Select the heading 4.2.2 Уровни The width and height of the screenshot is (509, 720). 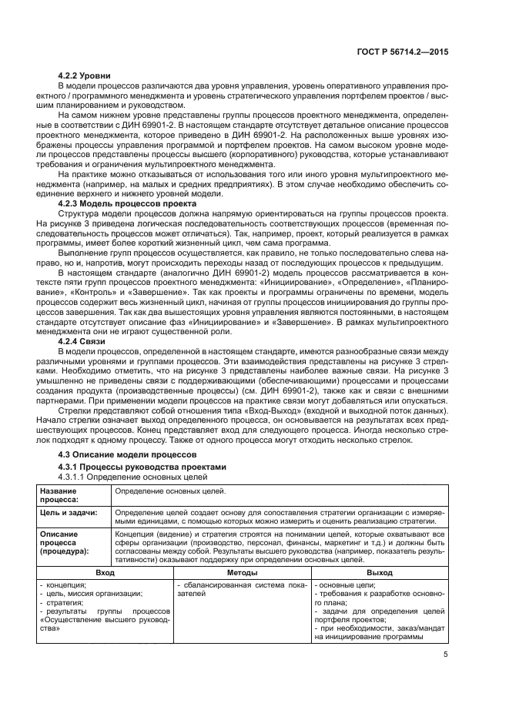[84, 75]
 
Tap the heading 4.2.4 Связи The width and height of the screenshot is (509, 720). [81, 341]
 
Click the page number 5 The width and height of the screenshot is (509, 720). [446, 655]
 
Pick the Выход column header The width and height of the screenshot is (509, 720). [379, 573]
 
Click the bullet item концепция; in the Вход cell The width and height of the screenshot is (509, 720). [65, 584]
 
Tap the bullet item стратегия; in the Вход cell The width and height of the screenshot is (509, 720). [66, 603]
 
